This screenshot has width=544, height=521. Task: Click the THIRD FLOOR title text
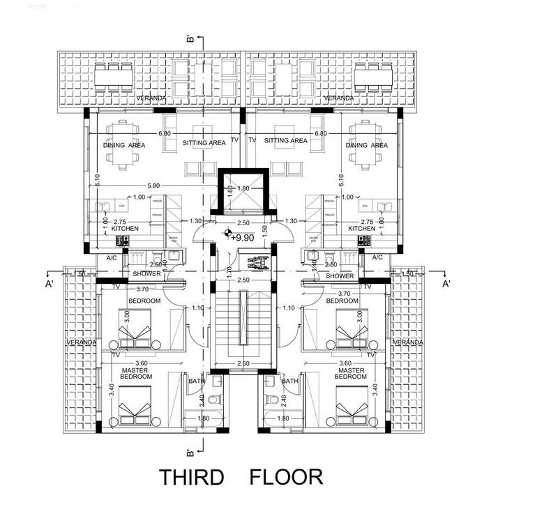coord(241,478)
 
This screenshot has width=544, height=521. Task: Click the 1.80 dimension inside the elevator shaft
coord(243,188)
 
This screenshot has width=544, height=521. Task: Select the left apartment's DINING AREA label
coord(124,146)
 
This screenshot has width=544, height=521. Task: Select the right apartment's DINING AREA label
coord(367,146)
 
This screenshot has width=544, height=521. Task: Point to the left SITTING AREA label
coord(204,142)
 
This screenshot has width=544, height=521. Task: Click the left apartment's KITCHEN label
coord(126,228)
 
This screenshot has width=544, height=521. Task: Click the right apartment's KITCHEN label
coord(362,228)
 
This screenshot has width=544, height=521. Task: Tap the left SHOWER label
coord(148,274)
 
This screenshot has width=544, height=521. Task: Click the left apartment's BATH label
coord(195,382)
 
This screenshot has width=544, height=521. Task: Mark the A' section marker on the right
coord(446,284)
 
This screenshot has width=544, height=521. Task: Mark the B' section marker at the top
coord(190,40)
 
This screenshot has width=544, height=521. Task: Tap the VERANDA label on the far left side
coord(81,343)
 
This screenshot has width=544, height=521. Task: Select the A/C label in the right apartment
coord(379,257)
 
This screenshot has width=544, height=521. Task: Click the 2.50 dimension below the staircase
coord(243,363)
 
